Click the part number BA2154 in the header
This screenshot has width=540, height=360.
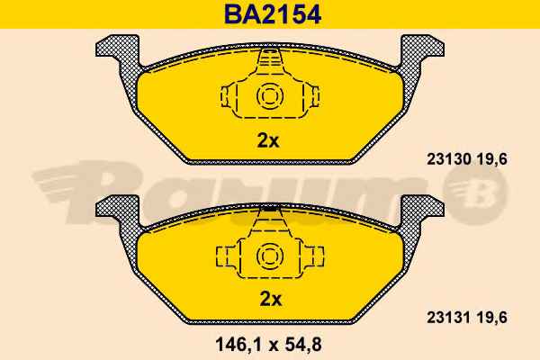pyautogui.click(x=273, y=14)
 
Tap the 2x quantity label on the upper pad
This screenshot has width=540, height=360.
pyautogui.click(x=268, y=140)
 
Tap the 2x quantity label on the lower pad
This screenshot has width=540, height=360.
pyautogui.click(x=270, y=299)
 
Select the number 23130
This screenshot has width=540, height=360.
pyautogui.click(x=449, y=159)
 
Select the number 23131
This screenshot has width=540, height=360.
pyautogui.click(x=449, y=318)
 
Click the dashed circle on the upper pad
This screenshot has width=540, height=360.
pyautogui.click(x=270, y=96)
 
